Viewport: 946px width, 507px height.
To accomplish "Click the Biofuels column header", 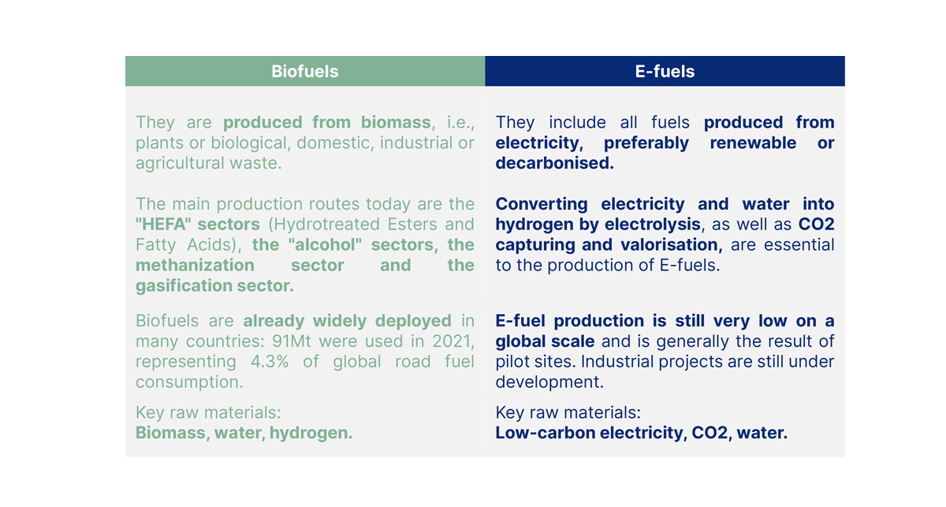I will [304, 72].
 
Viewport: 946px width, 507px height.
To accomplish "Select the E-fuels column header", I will [665, 72].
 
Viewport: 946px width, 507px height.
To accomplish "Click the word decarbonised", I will [554, 163].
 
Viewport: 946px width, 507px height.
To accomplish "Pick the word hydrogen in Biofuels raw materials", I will [311, 433].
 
